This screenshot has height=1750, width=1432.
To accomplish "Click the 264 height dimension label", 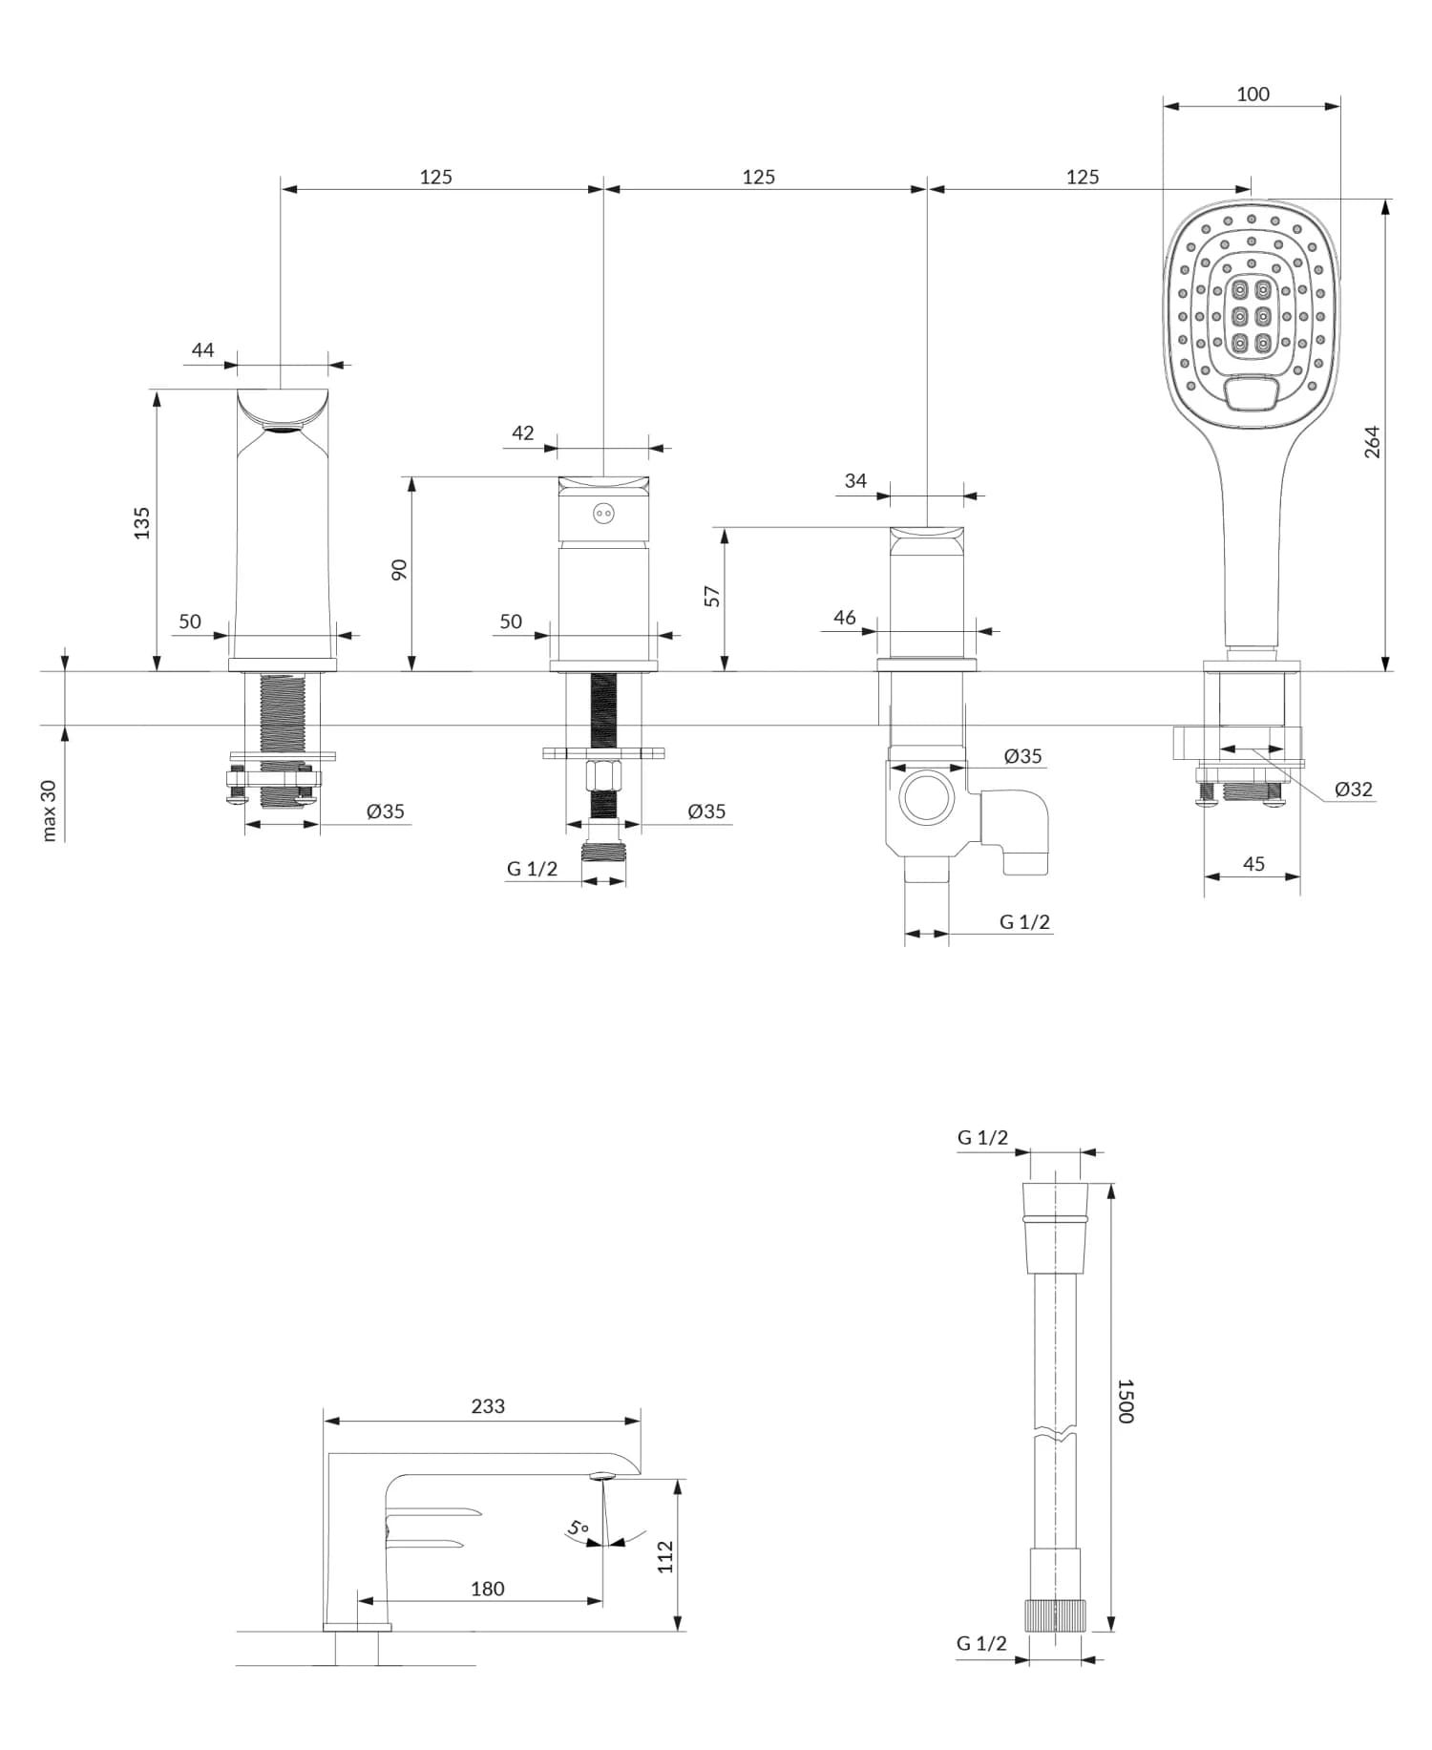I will tap(1372, 442).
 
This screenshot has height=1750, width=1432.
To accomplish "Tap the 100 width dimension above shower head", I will tap(1253, 94).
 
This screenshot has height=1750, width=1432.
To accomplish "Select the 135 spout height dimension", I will tap(141, 523).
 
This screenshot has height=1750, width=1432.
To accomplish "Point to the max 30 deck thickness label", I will tap(50, 811).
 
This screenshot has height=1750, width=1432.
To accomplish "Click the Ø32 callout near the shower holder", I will tap(1353, 789).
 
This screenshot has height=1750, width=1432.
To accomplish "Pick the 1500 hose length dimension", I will tap(1126, 1401).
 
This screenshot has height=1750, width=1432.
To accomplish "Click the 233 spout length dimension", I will tap(488, 1405).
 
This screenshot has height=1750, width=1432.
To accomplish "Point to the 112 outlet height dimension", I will tap(665, 1556).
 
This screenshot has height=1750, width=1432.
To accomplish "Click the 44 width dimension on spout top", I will tap(202, 350).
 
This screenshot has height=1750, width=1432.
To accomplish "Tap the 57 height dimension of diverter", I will tap(712, 596).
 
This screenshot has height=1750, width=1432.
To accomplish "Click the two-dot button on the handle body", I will tap(602, 515).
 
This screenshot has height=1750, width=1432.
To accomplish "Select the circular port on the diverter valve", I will tap(925, 797).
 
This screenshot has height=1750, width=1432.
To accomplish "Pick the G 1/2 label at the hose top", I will tap(982, 1137).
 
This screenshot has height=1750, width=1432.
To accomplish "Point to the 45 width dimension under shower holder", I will tap(1253, 863).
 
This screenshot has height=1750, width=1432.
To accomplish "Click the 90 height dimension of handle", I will tap(399, 570).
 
